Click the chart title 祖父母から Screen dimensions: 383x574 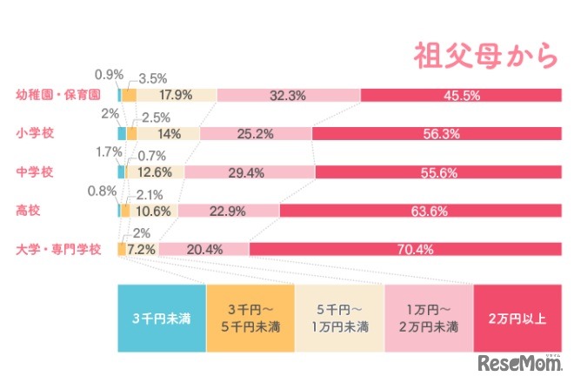point(484,55)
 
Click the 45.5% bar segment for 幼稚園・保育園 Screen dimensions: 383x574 point(462,95)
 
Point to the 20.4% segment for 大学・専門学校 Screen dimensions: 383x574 point(204,249)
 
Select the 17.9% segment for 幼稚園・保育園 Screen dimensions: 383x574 point(177,95)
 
